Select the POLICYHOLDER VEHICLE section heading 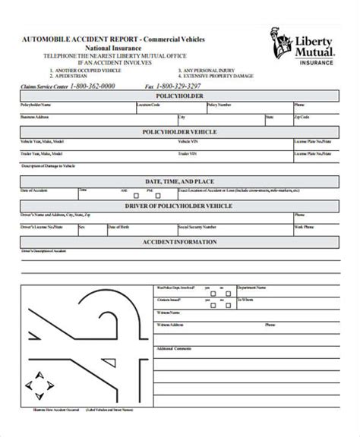(x=180, y=132)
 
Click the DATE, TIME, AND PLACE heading (x=180, y=183)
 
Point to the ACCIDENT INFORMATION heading (x=180, y=243)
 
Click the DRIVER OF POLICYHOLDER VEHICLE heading (x=180, y=206)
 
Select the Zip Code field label (x=302, y=118)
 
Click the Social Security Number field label (x=193, y=226)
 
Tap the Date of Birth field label (x=122, y=226)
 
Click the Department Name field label (x=271, y=288)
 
